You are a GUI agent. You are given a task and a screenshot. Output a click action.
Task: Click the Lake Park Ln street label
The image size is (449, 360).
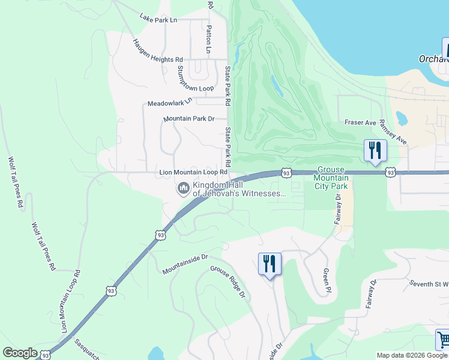158,20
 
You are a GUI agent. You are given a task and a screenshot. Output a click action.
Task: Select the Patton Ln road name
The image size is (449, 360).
208,40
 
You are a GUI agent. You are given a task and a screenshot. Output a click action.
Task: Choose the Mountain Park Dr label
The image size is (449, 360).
188,119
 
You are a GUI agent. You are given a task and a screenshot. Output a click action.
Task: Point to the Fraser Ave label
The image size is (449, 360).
360,122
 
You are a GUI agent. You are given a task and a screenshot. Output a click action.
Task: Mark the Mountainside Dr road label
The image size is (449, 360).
185,264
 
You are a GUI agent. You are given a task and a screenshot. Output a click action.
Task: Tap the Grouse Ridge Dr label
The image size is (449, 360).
228,281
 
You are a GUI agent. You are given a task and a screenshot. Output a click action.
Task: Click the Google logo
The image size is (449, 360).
20,352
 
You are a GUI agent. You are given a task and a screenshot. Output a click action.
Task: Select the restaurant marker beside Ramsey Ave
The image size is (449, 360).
375,150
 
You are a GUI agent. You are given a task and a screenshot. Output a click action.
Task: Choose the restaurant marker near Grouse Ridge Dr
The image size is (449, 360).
270,263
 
